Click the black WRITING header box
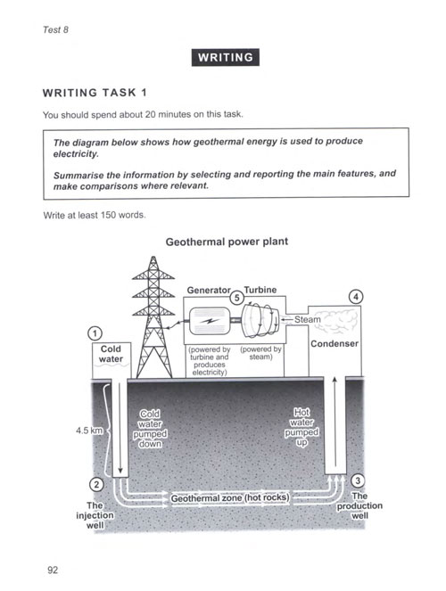click(x=225, y=57)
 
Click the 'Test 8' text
click(x=55, y=29)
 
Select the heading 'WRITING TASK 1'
click(x=95, y=93)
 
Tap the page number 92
click(x=53, y=570)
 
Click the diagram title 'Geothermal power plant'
click(x=227, y=242)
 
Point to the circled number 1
click(x=95, y=333)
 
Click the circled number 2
click(x=96, y=484)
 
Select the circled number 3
click(x=358, y=480)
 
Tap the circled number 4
click(x=356, y=297)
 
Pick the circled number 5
click(x=236, y=298)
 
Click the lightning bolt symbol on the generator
click(x=210, y=321)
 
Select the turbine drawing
click(x=260, y=321)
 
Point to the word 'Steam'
click(x=307, y=319)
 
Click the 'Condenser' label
click(x=334, y=343)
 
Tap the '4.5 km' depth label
click(x=89, y=430)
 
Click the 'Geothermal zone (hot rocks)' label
click(x=230, y=498)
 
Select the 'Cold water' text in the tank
click(x=111, y=354)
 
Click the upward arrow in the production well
click(x=334, y=422)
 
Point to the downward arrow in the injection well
click(x=120, y=428)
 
